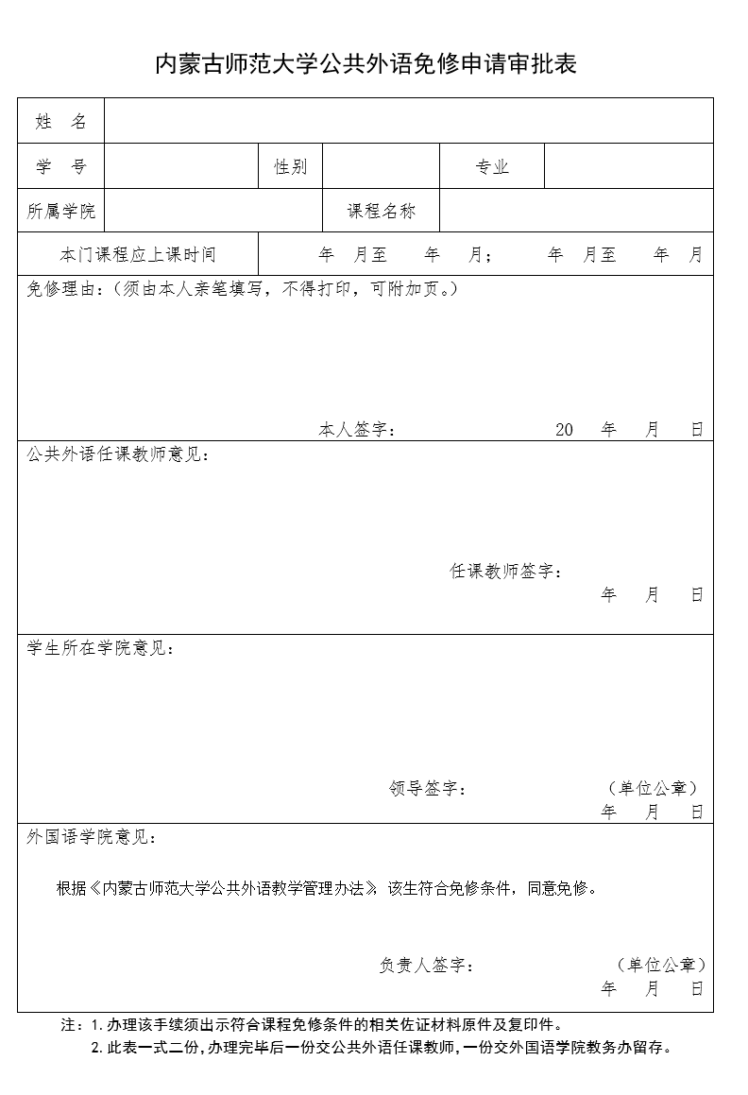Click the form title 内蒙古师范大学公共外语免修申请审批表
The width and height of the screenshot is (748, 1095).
coord(365,64)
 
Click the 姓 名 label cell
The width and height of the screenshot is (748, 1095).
coord(61,121)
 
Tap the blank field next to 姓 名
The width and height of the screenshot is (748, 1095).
coord(408,121)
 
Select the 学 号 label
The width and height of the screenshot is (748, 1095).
coord(61,166)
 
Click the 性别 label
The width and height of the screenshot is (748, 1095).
coord(290,167)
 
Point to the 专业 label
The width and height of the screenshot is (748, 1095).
coord(492,167)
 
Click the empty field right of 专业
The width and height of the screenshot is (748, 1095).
coord(628,167)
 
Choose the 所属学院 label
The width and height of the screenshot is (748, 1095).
coord(61,211)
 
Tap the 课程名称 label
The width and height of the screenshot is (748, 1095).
coord(382,211)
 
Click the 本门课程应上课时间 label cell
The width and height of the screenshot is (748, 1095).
coord(138,255)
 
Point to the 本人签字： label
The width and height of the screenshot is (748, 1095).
coord(357,430)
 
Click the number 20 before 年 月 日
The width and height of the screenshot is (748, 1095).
coord(565,430)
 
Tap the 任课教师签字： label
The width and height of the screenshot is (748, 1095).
coord(505,572)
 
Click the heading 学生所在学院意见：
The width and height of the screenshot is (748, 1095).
coord(101,648)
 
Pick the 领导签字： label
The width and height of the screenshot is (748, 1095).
coord(428,788)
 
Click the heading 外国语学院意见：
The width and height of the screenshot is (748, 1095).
coord(93,837)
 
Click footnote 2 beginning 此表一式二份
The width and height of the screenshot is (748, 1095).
coord(382,1047)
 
